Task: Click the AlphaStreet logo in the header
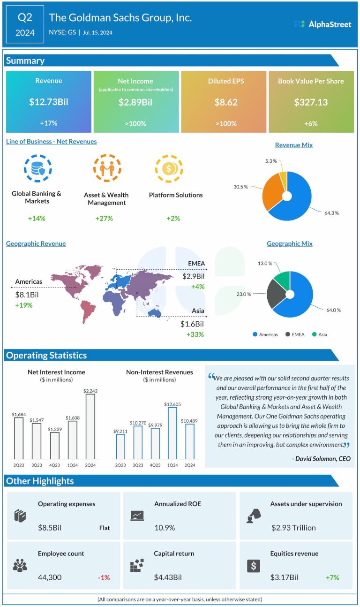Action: point(322,24)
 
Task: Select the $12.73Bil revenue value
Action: point(49,102)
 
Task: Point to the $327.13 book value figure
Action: point(311,102)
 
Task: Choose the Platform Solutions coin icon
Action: point(169,168)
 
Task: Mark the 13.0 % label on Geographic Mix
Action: point(265,263)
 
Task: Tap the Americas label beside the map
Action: point(29,281)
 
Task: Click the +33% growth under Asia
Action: point(195,334)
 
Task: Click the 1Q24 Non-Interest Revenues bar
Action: point(172,433)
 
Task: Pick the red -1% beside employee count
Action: point(104,577)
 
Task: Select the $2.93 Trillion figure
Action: point(293,528)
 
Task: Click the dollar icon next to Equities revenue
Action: point(253,565)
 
